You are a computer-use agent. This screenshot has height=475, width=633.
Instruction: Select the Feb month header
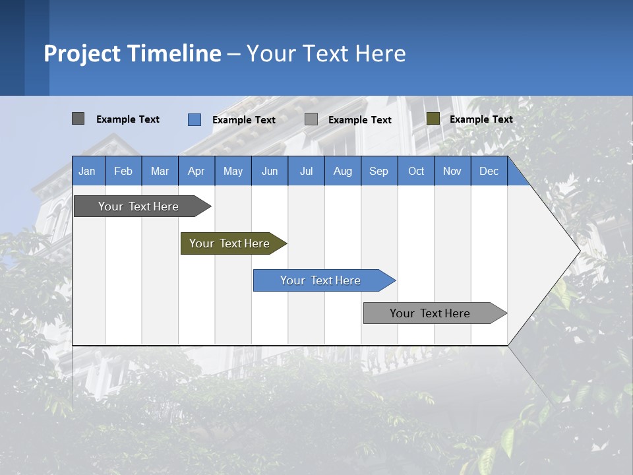(x=123, y=171)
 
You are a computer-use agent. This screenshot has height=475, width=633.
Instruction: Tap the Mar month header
(x=160, y=171)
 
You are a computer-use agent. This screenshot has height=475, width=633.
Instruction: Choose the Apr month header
(x=196, y=171)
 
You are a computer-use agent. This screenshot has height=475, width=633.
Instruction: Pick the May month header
(x=233, y=171)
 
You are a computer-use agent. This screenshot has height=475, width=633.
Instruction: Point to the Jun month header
(x=270, y=171)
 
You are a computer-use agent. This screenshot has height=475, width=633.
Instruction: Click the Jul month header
(x=306, y=171)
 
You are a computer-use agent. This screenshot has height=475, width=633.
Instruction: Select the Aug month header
(x=343, y=171)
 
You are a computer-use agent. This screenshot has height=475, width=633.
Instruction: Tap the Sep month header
(x=379, y=171)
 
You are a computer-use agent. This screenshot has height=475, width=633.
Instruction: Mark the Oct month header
(x=416, y=171)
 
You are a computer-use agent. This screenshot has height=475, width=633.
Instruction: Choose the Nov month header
(x=452, y=171)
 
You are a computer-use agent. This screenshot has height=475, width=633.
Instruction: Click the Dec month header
(x=489, y=171)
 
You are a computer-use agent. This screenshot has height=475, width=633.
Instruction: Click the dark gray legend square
(x=78, y=119)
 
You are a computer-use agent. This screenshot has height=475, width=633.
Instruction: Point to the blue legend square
(x=195, y=119)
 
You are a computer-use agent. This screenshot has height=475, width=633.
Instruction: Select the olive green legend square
(x=433, y=119)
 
